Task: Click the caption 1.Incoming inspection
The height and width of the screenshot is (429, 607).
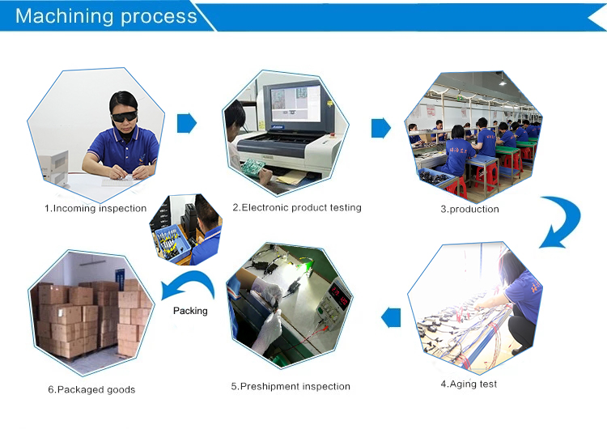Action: point(96,208)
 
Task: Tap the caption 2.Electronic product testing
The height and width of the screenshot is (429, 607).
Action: point(297,207)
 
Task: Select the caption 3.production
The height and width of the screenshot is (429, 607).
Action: point(469,209)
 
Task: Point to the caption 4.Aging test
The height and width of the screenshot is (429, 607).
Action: point(469,384)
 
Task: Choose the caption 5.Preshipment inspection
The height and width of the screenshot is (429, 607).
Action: point(291,386)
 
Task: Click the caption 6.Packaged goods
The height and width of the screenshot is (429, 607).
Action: point(91,389)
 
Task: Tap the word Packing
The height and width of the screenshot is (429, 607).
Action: point(190,311)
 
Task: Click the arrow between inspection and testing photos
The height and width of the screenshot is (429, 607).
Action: point(187,123)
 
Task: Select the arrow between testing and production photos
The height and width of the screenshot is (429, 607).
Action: point(380,128)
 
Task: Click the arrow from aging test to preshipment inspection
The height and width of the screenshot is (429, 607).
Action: point(391,316)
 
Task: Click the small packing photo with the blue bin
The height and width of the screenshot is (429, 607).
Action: point(189,230)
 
